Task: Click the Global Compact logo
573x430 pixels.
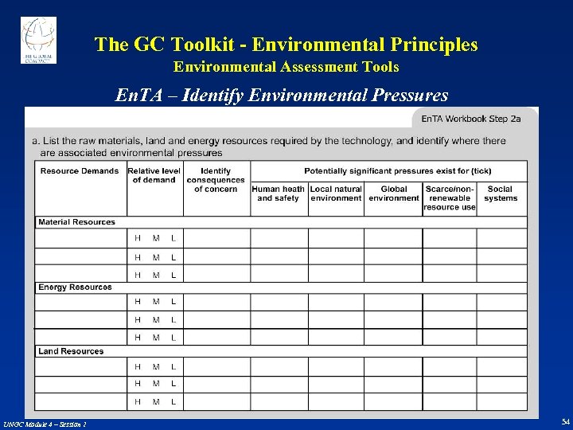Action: point(38,37)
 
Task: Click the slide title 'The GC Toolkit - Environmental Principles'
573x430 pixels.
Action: point(286,45)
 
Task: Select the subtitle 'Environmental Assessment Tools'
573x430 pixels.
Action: point(286,67)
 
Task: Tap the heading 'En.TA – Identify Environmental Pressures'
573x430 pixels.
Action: point(282,96)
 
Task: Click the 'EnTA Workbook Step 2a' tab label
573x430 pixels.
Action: point(470,119)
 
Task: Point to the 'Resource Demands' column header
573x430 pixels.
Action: point(80,170)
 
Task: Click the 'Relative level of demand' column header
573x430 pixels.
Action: point(154,175)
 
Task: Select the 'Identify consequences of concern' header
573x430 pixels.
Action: point(216,180)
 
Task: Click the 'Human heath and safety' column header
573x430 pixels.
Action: point(279,193)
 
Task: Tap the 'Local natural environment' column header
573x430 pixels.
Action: point(336,193)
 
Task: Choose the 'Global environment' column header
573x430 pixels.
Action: point(394,193)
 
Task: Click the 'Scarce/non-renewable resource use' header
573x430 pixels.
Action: point(450,197)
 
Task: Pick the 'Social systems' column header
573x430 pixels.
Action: point(501,193)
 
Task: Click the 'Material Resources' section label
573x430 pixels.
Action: point(76,222)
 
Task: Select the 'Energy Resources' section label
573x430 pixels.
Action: point(75,287)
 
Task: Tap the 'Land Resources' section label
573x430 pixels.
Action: point(71,351)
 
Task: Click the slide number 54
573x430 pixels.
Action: point(565,421)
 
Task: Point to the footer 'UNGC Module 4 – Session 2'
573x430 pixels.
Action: point(45,424)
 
